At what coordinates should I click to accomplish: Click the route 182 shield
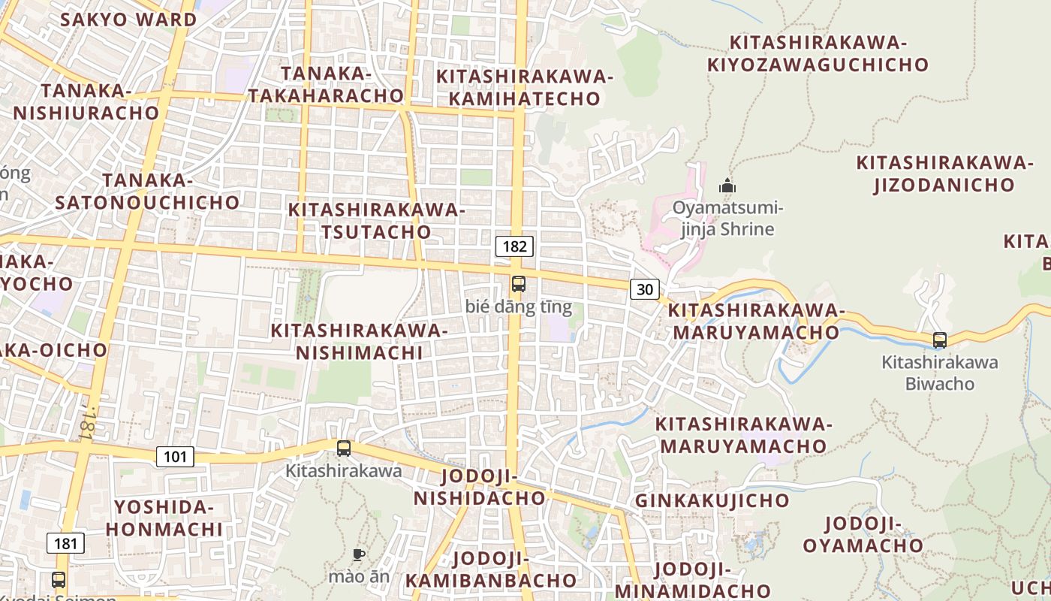(x=514, y=246)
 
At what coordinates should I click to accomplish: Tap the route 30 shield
(x=646, y=288)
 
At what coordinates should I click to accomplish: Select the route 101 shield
(x=175, y=456)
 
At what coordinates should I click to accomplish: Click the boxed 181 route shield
(x=65, y=543)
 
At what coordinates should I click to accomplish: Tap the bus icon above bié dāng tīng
(x=518, y=284)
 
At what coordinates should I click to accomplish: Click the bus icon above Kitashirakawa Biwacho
(x=939, y=340)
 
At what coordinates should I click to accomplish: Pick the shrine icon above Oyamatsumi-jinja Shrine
(x=727, y=185)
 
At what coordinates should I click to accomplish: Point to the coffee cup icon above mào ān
(x=359, y=555)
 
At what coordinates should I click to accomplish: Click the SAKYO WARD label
(x=128, y=20)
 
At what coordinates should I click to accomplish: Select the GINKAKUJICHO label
(x=712, y=500)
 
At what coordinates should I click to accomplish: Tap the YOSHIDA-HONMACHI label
(x=164, y=518)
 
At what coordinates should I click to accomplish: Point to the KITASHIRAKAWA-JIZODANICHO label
(x=944, y=174)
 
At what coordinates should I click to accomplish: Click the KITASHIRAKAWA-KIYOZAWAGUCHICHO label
(x=818, y=53)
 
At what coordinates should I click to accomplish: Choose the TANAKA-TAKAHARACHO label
(x=327, y=85)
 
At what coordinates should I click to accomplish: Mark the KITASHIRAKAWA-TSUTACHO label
(x=377, y=221)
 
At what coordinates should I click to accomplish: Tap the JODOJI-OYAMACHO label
(x=863, y=534)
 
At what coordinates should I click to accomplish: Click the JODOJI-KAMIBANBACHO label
(x=492, y=569)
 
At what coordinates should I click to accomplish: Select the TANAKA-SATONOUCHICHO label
(x=147, y=192)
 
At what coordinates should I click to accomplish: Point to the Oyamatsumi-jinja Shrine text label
(x=727, y=218)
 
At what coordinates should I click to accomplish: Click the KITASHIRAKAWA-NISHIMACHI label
(x=359, y=341)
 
